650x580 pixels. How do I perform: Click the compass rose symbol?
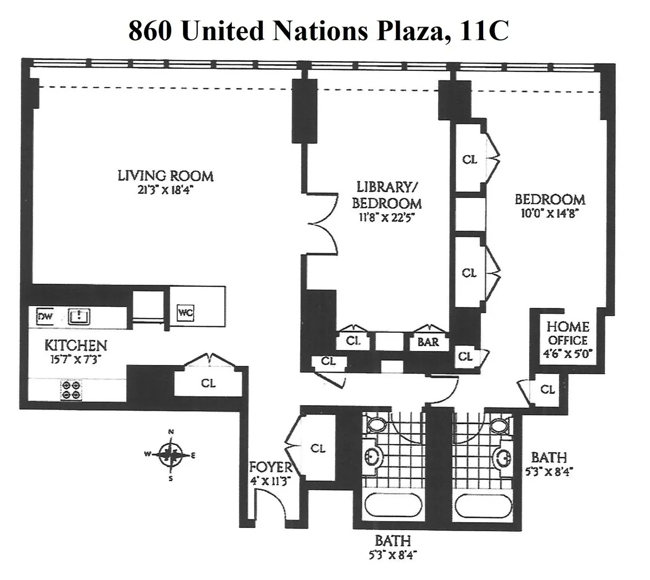point(171,455)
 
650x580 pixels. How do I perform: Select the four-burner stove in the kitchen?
point(71,390)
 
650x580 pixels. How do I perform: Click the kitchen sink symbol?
point(79,316)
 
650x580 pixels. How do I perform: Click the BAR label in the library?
point(428,342)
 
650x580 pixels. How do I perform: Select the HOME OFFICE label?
point(567,333)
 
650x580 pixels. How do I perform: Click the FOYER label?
point(270,467)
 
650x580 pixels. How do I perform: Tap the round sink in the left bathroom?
point(373,457)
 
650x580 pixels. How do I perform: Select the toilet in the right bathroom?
point(500,425)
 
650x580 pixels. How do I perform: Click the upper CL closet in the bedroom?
point(470,160)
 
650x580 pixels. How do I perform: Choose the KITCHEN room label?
point(75,345)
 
